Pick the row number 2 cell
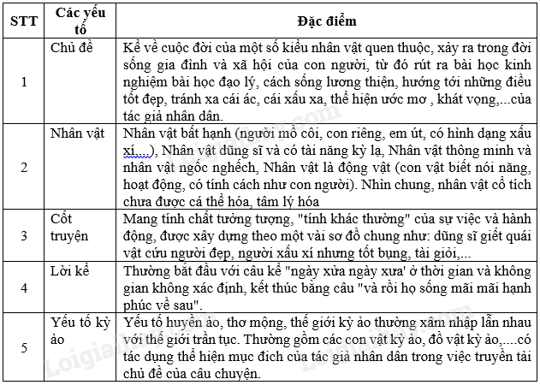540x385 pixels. click(x=23, y=168)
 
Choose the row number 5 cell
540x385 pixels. click(x=23, y=347)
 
